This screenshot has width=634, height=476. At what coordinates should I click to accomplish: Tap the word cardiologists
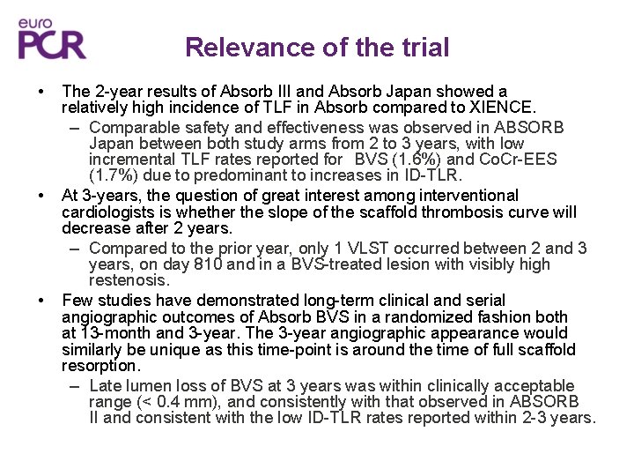click(x=114, y=212)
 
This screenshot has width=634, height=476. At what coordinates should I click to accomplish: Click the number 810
click(x=200, y=264)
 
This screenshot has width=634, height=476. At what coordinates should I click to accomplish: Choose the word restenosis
click(x=129, y=281)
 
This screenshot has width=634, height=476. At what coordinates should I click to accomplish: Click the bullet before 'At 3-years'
click(x=42, y=196)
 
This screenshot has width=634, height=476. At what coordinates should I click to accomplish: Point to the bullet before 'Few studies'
click(x=42, y=300)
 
